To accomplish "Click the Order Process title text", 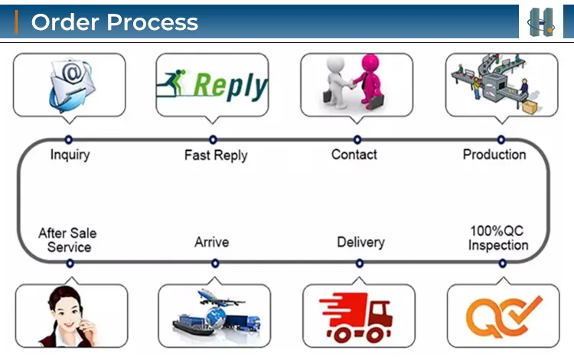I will pos(114,21).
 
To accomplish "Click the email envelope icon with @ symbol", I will pos(70,84).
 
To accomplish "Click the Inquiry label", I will pos(70,155).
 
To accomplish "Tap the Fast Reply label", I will pos(216,155).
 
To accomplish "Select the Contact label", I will pos(354,155).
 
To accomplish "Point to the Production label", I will pos(494,155).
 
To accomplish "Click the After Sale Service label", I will pos(68,240).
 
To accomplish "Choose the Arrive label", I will pos(212,242).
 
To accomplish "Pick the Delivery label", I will pos(360,242).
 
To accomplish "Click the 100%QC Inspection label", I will pos(498,238).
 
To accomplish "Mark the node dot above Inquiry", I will pos(69,139).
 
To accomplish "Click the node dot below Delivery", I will pos(360,263).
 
